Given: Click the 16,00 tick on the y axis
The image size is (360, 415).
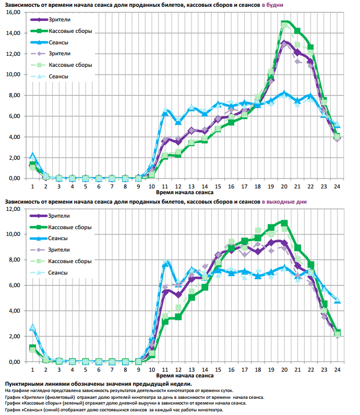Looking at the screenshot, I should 13,12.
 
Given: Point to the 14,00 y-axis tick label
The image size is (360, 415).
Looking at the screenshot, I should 13,33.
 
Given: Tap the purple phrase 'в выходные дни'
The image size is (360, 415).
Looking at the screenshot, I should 285,201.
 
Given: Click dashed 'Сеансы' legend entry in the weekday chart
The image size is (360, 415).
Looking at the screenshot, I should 58,77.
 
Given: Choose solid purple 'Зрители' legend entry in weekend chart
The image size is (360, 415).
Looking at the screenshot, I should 58,216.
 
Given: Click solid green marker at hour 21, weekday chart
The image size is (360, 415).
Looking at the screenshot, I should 297,30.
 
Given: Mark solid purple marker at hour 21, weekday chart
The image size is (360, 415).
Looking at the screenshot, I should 297,52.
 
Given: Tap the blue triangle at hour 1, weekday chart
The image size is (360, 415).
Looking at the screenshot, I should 32,156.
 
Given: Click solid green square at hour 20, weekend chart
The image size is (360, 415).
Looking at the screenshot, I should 284,223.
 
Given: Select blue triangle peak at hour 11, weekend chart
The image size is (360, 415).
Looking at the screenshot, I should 165,262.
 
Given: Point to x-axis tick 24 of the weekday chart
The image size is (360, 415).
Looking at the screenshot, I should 338,186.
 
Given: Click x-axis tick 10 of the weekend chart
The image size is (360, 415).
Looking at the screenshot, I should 152,370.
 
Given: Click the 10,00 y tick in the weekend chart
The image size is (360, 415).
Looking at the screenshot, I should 13,234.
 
